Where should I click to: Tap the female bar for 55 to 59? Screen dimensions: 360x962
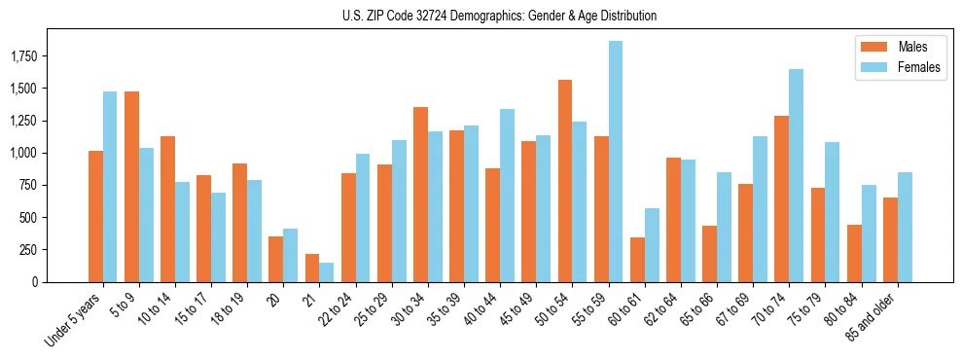coord(616,162)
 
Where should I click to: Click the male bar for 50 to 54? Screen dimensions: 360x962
coord(565,181)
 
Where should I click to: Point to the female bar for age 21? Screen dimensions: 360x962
coord(327,272)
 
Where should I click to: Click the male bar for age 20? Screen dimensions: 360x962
coord(276,259)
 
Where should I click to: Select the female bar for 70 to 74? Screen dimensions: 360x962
coord(796,175)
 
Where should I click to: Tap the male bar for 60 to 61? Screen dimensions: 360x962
coord(637,260)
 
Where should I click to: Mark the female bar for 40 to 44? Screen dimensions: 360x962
coord(507,196)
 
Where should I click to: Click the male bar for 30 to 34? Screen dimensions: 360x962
coord(420,195)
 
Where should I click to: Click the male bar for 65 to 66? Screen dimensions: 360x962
coord(709,254)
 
